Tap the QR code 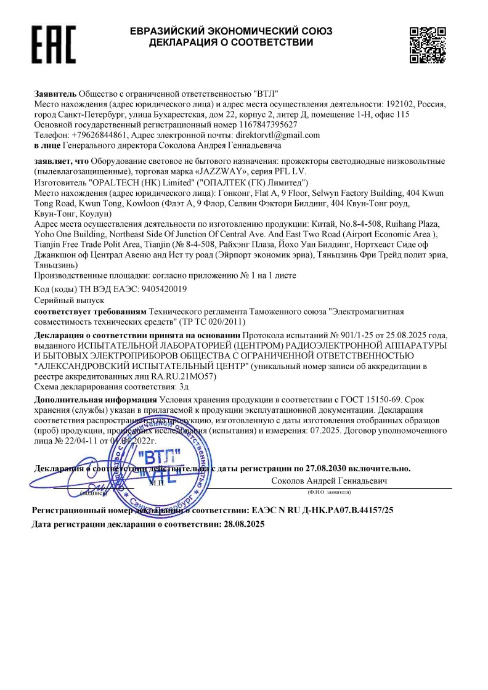pyautogui.click(x=428, y=45)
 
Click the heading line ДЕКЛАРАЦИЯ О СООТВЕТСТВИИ pyautogui.click(x=231, y=43)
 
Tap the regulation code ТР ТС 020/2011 pyautogui.click(x=218, y=322)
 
